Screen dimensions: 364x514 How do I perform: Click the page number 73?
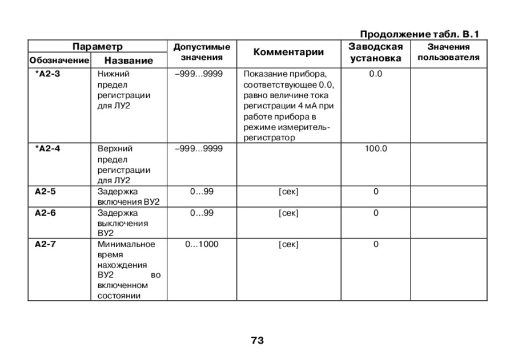(x=257, y=341)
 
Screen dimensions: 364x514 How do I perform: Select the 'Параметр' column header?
(x=97, y=46)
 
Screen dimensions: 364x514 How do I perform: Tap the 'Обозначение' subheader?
(x=59, y=60)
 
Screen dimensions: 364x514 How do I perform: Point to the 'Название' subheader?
(x=128, y=60)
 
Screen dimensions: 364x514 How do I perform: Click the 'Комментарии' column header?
(x=288, y=52)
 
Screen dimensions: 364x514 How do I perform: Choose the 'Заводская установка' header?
(x=375, y=52)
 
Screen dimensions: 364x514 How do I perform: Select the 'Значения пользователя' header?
(x=448, y=52)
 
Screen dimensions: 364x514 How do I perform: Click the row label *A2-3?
(x=47, y=74)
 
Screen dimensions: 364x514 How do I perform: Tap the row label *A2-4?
(x=47, y=148)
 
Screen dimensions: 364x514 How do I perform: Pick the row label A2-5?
(x=45, y=192)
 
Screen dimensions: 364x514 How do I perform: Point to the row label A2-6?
(x=45, y=213)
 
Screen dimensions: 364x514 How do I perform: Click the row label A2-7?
(x=45, y=244)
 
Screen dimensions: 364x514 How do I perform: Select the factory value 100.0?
(x=376, y=148)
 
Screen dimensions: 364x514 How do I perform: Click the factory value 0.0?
(x=376, y=74)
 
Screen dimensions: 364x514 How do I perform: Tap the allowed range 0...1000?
(x=202, y=244)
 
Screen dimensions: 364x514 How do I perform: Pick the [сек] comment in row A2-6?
(x=288, y=213)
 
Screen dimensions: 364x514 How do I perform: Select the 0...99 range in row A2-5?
(x=202, y=192)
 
